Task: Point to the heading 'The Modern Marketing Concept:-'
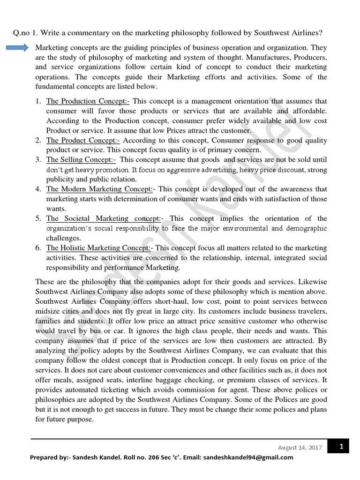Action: click(99, 189)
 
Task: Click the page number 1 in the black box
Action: click(342, 447)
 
